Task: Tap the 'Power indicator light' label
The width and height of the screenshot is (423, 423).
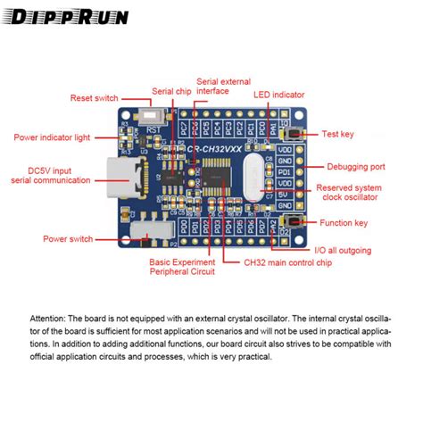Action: tap(53, 137)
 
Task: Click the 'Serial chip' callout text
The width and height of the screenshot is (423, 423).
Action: tap(170, 91)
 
